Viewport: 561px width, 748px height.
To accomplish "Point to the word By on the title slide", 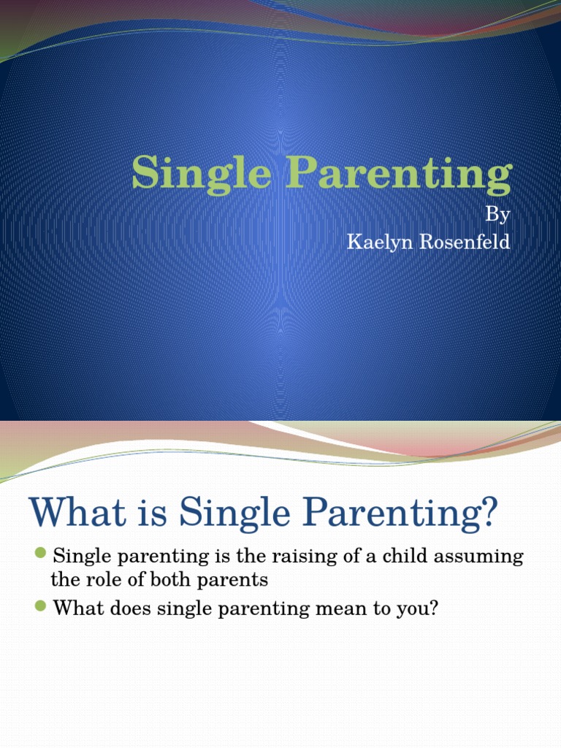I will (497, 215).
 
